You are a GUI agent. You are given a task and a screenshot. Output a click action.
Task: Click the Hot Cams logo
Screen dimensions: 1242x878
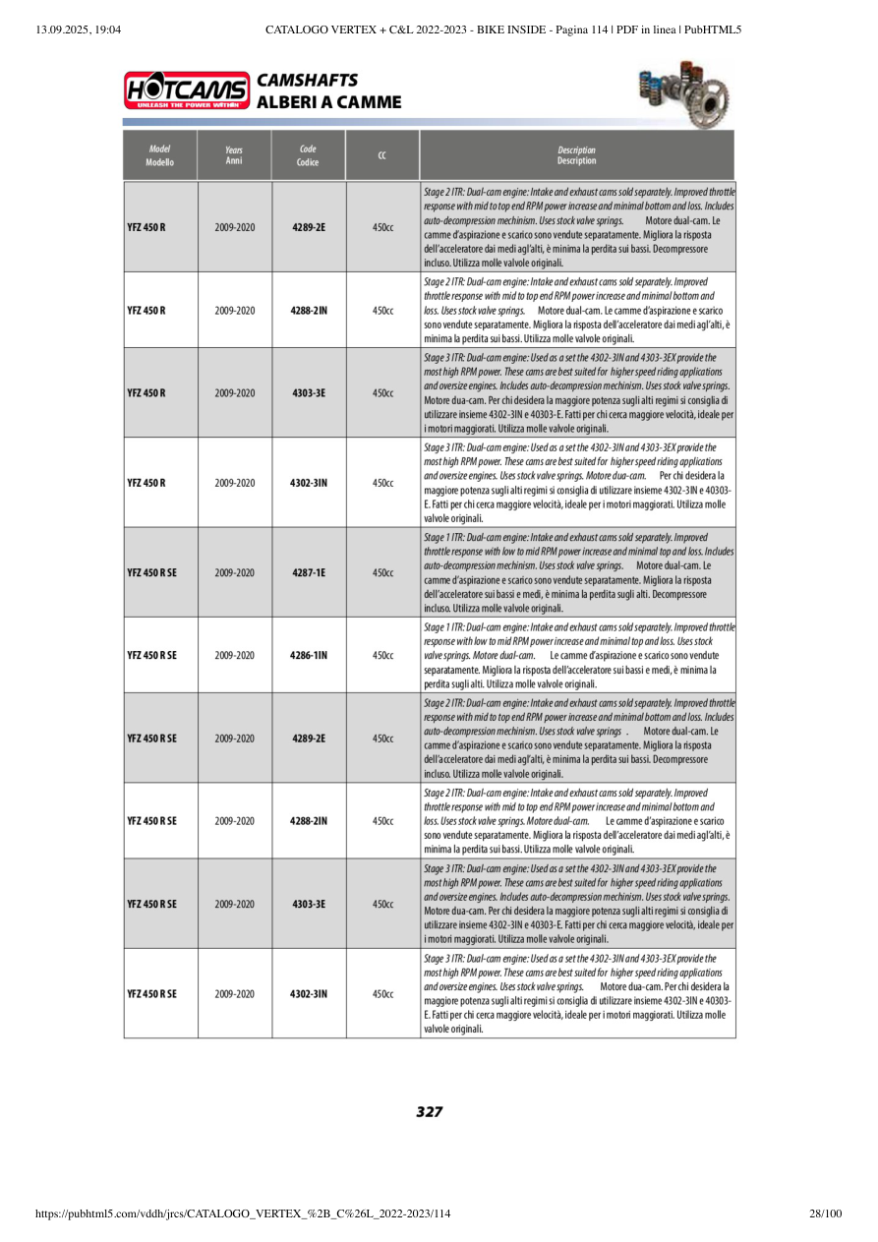pyautogui.click(x=187, y=90)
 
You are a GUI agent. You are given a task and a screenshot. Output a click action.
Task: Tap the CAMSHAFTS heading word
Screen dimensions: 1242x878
pyautogui.click(x=307, y=81)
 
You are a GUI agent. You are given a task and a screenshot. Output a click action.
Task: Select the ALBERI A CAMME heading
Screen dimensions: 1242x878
pyautogui.click(x=328, y=102)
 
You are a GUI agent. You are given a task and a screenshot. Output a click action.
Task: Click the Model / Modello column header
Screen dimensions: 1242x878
pyautogui.click(x=159, y=155)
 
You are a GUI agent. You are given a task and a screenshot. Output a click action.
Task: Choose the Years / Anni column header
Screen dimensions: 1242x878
pyautogui.click(x=234, y=155)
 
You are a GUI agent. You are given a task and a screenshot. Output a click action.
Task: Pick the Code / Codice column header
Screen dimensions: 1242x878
pyautogui.click(x=308, y=155)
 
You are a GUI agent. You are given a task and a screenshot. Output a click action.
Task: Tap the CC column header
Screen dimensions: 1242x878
pyautogui.click(x=382, y=155)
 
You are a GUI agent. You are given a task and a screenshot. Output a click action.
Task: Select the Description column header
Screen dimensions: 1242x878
pyautogui.click(x=576, y=155)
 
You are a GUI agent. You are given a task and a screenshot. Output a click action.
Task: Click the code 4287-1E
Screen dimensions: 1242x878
pyautogui.click(x=308, y=572)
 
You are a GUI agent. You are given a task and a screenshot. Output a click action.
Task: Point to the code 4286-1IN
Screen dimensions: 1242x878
pyautogui.click(x=308, y=655)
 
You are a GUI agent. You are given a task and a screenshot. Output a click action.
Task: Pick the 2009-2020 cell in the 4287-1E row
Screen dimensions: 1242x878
pyautogui.click(x=234, y=572)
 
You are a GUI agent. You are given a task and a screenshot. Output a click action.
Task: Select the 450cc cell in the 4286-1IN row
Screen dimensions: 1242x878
pyautogui.click(x=382, y=655)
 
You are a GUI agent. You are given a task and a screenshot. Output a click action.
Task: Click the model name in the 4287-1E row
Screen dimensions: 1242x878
pyautogui.click(x=152, y=572)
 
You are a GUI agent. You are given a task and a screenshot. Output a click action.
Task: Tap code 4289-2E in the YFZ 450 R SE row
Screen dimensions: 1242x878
pyautogui.click(x=308, y=738)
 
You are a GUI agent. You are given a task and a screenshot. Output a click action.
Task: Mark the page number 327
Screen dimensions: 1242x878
pyautogui.click(x=429, y=1112)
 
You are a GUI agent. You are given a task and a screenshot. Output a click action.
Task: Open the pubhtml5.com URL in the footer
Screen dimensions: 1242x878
pyautogui.click(x=243, y=1214)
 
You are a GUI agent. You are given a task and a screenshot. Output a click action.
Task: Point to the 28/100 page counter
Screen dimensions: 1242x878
pyautogui.click(x=826, y=1214)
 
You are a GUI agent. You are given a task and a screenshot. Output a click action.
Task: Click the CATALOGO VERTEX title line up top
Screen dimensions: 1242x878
pyautogui.click(x=502, y=30)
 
